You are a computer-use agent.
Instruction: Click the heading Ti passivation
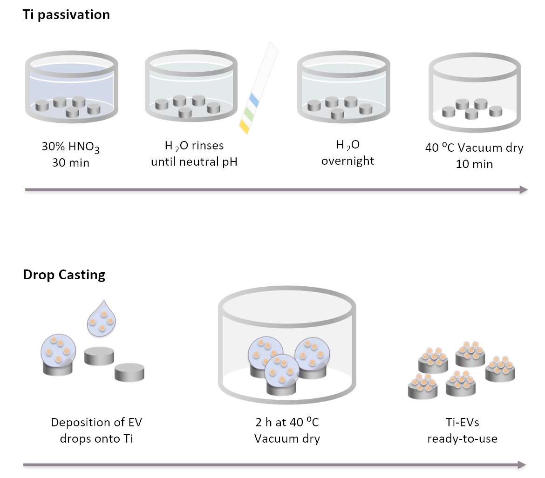[x=67, y=14]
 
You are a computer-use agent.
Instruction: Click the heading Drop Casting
[x=64, y=275]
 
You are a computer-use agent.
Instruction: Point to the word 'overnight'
[x=347, y=161]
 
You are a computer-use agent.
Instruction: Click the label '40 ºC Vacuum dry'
[x=474, y=148]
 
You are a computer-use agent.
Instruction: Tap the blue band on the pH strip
[x=254, y=99]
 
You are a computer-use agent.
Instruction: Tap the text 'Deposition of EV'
[x=97, y=423]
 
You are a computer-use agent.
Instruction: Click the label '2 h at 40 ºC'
[x=287, y=423]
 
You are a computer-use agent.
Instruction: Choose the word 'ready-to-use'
[x=462, y=438]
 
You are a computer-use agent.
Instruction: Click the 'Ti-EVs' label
[x=462, y=423]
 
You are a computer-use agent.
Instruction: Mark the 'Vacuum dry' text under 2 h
[x=287, y=438]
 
